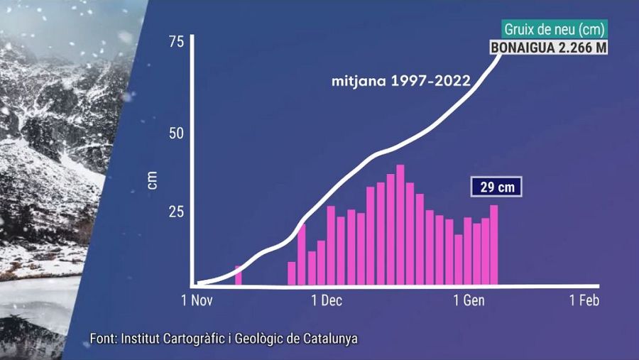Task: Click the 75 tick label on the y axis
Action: pos(175,42)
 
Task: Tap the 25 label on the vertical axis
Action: pos(175,212)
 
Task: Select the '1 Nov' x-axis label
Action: pos(197,300)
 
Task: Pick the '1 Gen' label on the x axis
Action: pos(469,300)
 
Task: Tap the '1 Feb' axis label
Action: pos(584,300)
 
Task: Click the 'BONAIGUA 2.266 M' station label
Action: pos(547,48)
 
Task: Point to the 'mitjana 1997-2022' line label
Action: pos(401,80)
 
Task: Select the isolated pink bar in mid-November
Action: pos(239,276)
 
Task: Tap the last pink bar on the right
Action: pos(494,245)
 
